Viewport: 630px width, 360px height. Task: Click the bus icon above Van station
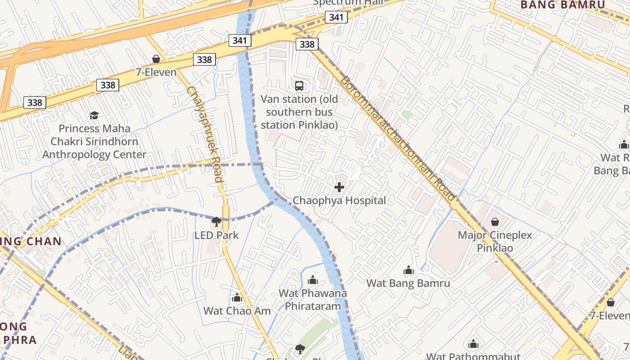(299, 85)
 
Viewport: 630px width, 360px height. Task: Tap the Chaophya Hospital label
(339, 200)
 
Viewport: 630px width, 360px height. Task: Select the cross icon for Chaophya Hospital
(339, 187)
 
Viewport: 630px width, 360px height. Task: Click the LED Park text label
(216, 235)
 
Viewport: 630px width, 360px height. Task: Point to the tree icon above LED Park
(216, 221)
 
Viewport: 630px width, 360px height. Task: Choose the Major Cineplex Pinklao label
(495, 241)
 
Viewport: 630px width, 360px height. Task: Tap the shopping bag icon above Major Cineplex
(495, 222)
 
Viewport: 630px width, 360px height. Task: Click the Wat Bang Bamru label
(408, 283)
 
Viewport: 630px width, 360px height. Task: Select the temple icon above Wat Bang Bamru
(408, 270)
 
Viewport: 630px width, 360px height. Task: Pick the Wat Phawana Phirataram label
(313, 300)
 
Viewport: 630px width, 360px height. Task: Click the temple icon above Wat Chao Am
(237, 297)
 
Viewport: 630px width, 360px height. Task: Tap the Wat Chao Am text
(237, 310)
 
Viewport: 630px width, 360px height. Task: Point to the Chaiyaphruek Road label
(205, 134)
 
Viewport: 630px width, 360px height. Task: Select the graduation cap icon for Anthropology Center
(94, 115)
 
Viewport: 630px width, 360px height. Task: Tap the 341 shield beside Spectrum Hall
(336, 18)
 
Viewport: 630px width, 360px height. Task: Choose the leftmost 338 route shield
(35, 103)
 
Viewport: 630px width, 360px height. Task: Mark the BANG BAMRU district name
(562, 5)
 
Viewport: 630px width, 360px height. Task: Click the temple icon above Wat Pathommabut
(473, 344)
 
